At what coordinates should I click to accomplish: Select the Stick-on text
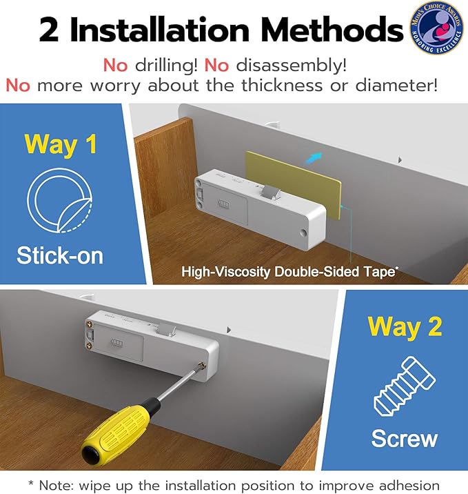61,255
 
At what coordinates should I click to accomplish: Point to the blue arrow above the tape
314,157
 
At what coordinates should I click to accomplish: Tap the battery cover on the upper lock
229,208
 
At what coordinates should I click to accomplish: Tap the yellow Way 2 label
405,326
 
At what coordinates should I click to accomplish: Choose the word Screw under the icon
405,439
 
